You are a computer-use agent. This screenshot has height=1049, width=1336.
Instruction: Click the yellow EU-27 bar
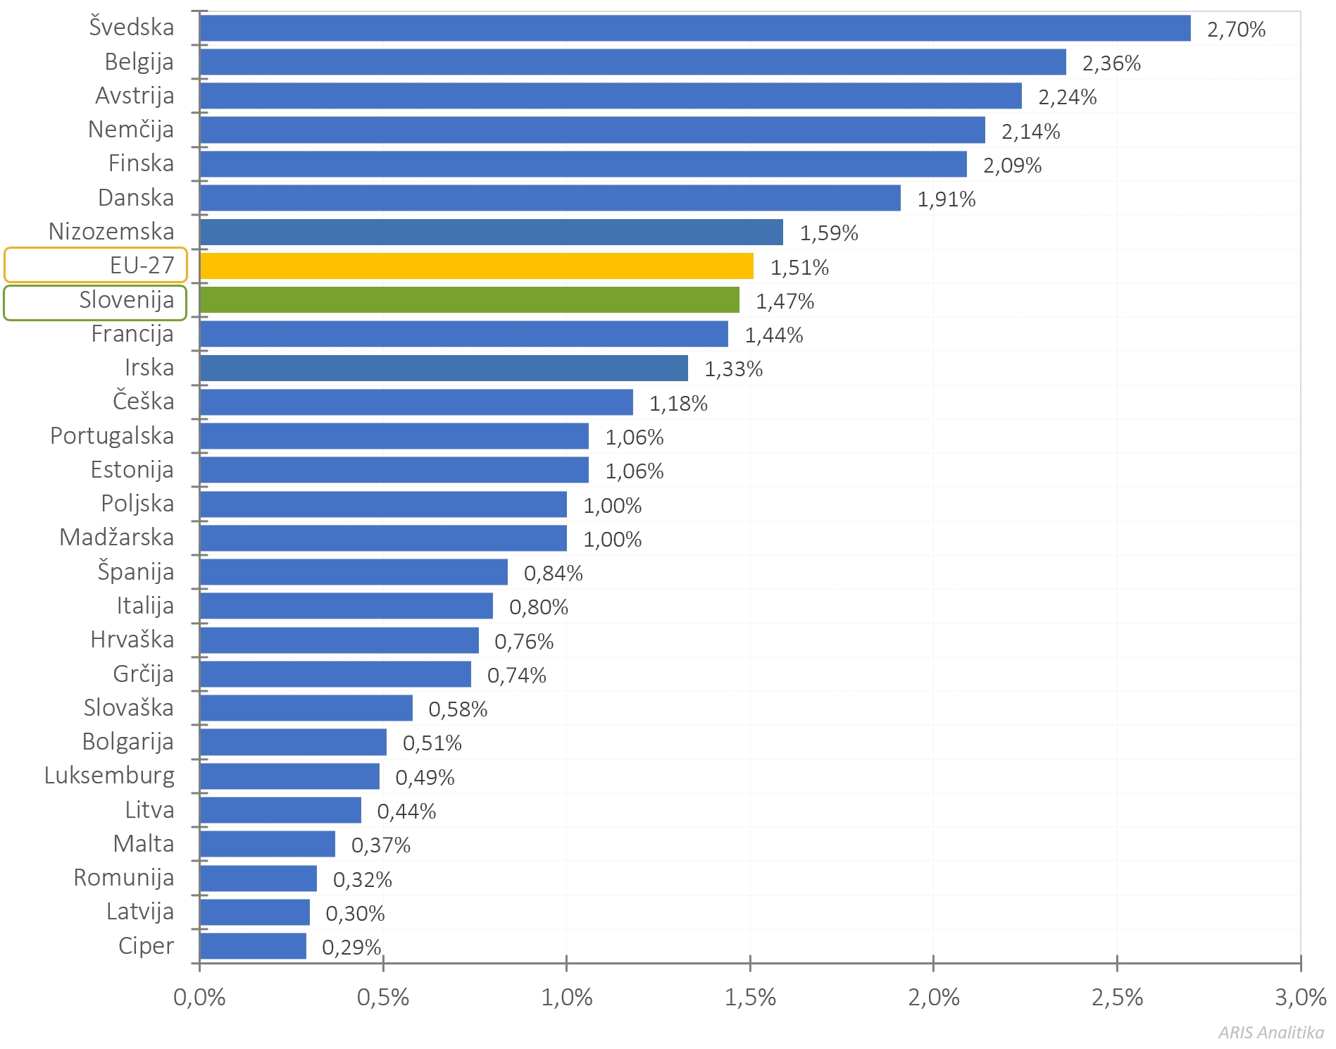[x=476, y=266]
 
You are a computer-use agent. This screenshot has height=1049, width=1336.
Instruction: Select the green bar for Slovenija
[x=469, y=300]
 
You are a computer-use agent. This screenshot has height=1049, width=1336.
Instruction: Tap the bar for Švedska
[x=694, y=28]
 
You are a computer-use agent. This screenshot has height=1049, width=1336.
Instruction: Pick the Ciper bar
[x=253, y=946]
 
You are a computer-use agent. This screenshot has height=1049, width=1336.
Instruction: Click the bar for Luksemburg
[x=289, y=776]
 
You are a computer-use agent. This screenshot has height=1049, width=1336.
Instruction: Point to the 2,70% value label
[x=1236, y=30]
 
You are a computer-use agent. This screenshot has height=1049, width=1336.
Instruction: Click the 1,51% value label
[x=799, y=268]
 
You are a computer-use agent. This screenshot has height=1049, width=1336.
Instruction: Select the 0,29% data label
[x=351, y=948]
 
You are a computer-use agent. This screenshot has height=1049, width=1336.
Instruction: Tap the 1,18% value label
[x=678, y=404]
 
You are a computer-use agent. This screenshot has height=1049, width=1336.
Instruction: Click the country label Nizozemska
[x=111, y=232]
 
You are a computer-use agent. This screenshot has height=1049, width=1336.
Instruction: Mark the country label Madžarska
[x=117, y=538]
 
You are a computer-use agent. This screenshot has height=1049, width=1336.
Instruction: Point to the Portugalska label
[x=112, y=436]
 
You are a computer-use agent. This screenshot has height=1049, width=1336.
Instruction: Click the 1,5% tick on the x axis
[x=750, y=998]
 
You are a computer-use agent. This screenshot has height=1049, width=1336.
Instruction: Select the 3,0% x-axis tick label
[x=1300, y=998]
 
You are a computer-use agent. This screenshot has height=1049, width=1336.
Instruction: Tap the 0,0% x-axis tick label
[x=199, y=998]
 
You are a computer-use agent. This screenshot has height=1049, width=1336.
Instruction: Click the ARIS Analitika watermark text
[x=1271, y=1033]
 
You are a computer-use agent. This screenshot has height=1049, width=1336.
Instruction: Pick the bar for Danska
[x=549, y=198]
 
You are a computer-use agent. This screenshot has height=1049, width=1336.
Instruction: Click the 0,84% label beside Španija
[x=553, y=573]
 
